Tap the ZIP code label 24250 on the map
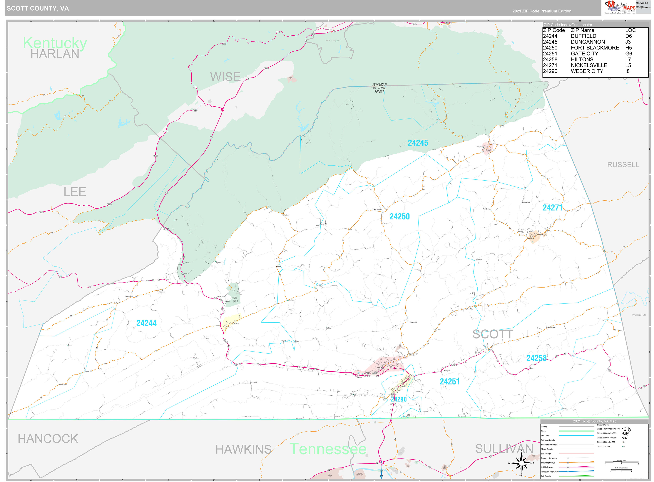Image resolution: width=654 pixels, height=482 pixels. tap(399, 217)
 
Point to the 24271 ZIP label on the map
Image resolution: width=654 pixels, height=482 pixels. tap(552, 208)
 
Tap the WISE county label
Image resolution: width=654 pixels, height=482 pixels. tap(225, 77)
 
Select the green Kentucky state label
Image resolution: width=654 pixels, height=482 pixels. tap(55, 43)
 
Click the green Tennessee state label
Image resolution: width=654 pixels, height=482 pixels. tap(328, 449)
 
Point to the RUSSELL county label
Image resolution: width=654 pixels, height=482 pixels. tap(623, 165)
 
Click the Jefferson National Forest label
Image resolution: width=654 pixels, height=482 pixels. tap(379, 88)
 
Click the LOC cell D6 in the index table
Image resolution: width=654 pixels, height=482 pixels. tap(628, 36)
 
